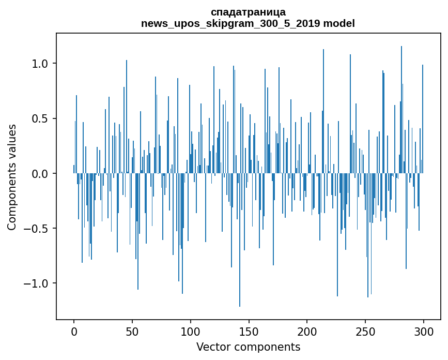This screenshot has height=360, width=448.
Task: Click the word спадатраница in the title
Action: pos(248,12)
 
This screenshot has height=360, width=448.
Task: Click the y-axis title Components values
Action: pos(12,177)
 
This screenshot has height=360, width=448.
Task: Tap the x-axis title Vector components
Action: pos(248,347)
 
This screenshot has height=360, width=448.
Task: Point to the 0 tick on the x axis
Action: pos(74,331)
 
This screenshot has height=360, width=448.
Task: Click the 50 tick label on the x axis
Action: pos(132,331)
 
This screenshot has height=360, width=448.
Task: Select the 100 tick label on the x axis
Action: pos(191,331)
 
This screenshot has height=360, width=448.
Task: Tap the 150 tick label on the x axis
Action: pos(249,331)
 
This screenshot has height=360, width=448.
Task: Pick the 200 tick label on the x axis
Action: pos(307,331)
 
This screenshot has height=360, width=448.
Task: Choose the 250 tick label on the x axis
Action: pos(365,331)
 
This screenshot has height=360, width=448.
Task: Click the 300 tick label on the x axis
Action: pos(424,331)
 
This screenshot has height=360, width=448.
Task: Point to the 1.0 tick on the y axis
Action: pos(40,64)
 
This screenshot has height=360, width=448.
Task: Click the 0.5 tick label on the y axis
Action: pos(40,118)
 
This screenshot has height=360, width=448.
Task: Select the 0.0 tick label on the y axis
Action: pos(40,174)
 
